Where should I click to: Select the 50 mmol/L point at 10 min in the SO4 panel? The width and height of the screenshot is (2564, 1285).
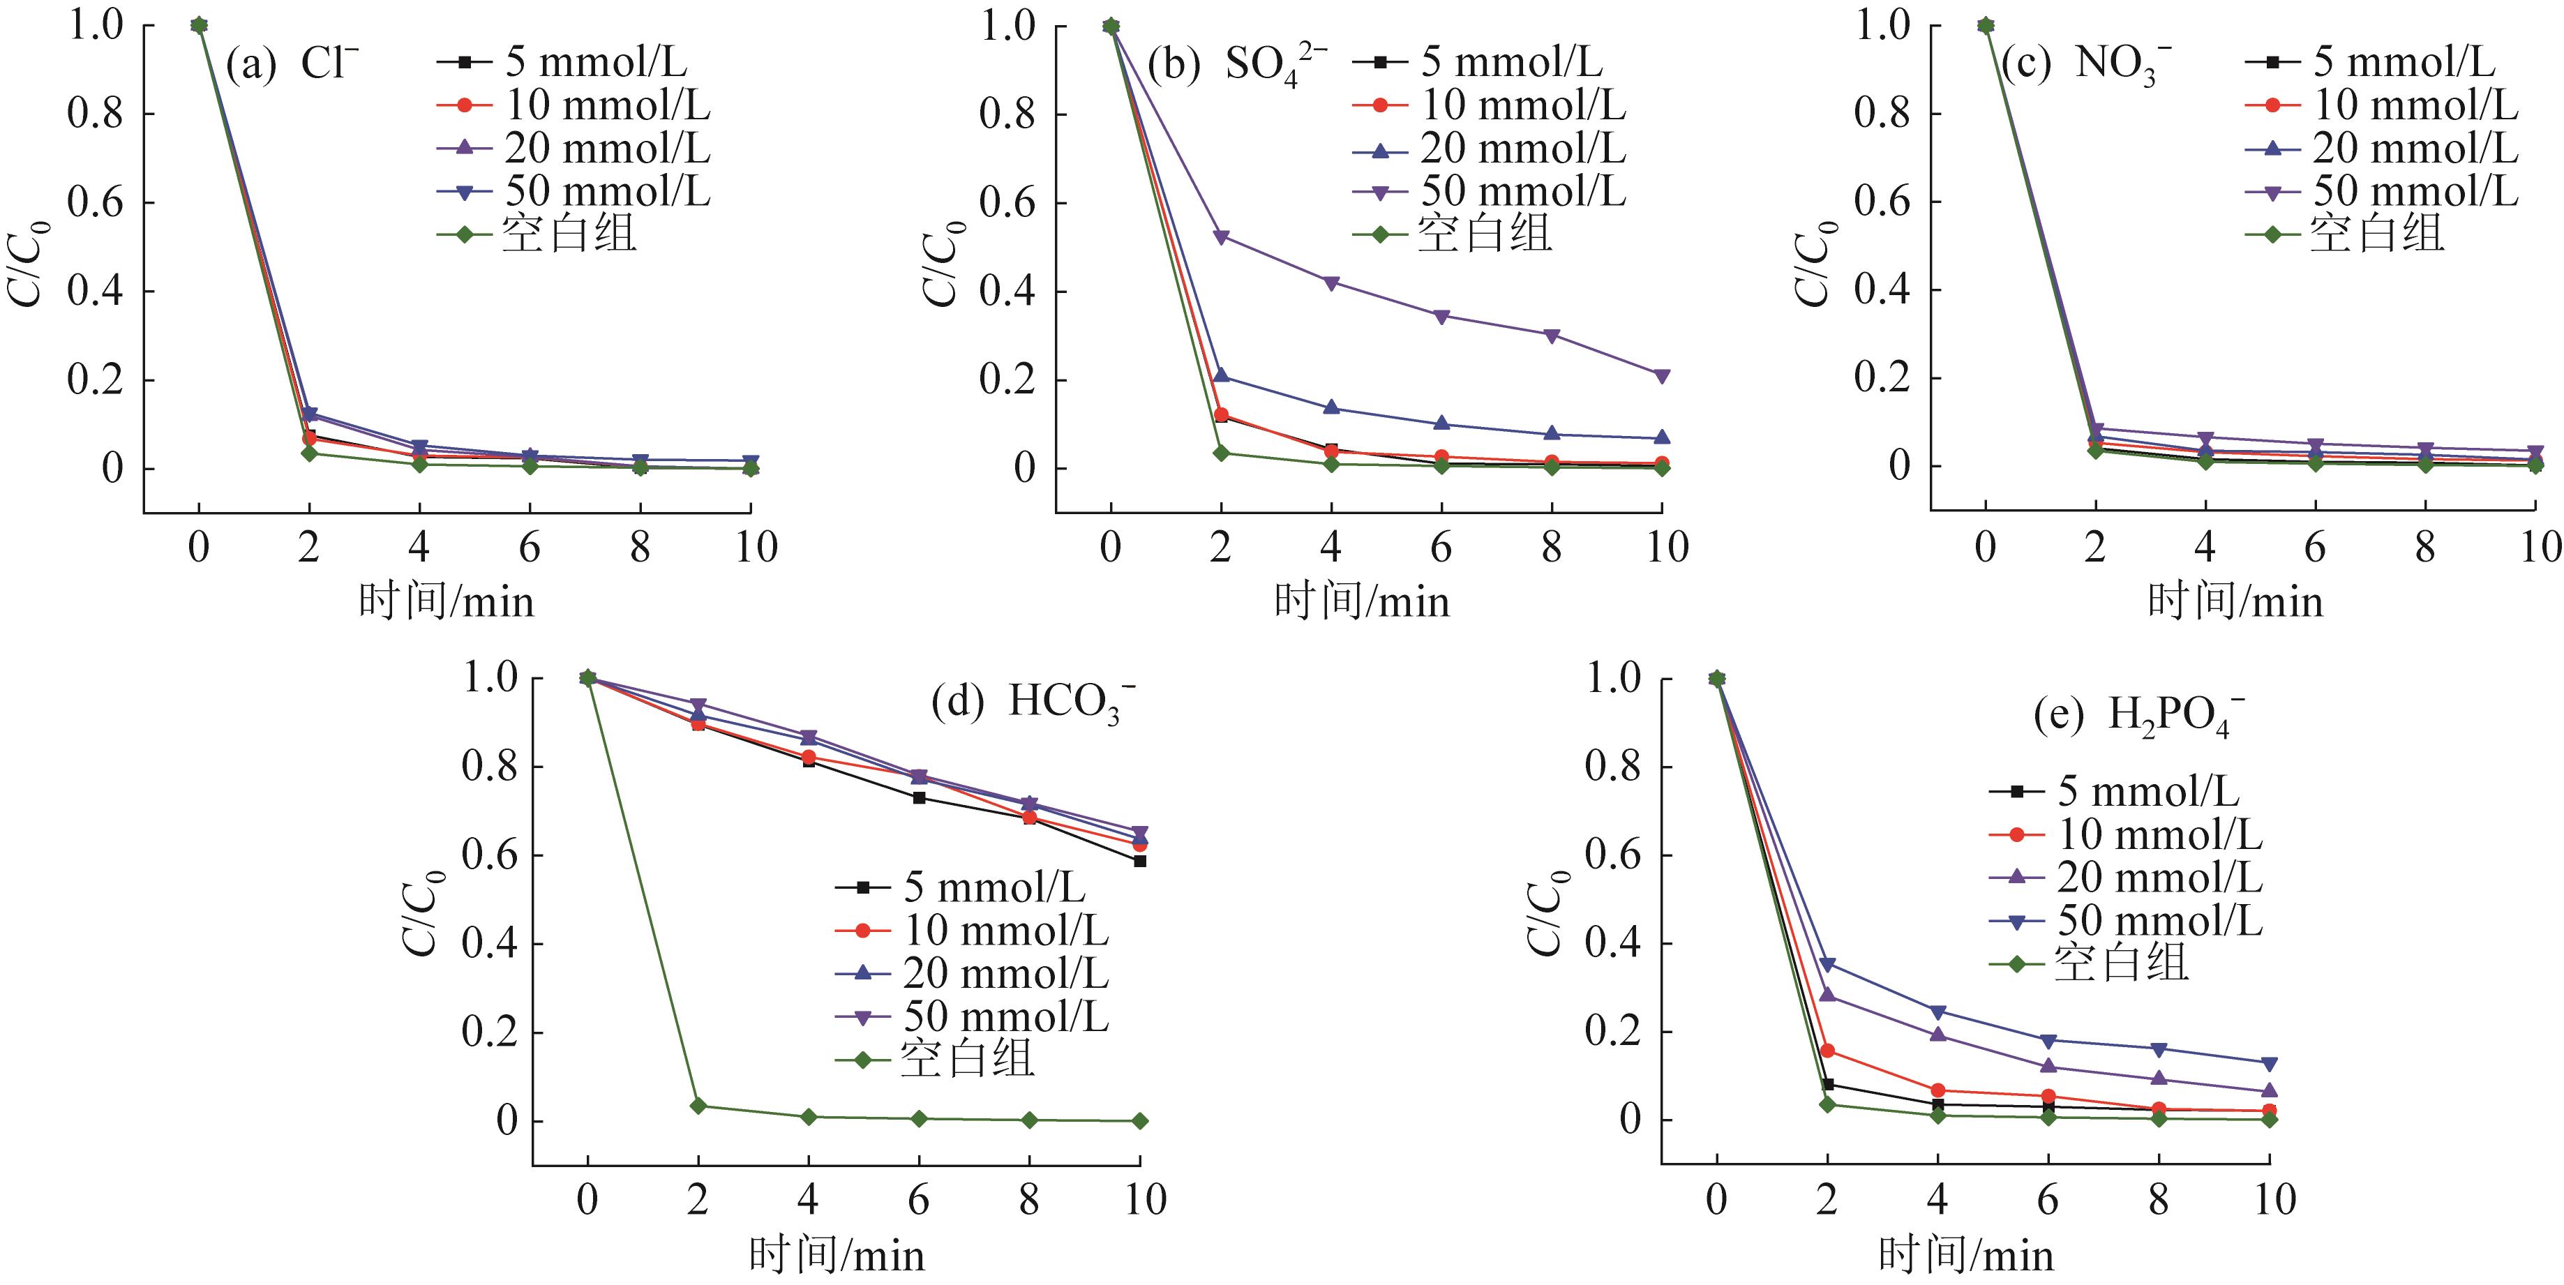coord(1661,376)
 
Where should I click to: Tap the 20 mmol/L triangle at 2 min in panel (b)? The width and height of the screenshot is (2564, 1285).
coord(1221,375)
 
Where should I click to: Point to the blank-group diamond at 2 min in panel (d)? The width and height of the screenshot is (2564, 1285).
coord(698,1106)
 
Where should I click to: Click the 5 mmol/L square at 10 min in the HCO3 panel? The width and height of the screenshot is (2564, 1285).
coord(1139,861)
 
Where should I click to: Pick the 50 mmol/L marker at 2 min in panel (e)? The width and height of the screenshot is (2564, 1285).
coord(1827,963)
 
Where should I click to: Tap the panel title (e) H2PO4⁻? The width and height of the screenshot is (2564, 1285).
coord(2138,716)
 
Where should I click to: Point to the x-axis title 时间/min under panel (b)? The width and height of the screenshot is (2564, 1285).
coord(1362,602)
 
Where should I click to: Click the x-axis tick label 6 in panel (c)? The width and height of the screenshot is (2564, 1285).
coord(2314,546)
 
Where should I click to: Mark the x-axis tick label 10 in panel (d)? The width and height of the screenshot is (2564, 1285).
coord(1145,1199)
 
